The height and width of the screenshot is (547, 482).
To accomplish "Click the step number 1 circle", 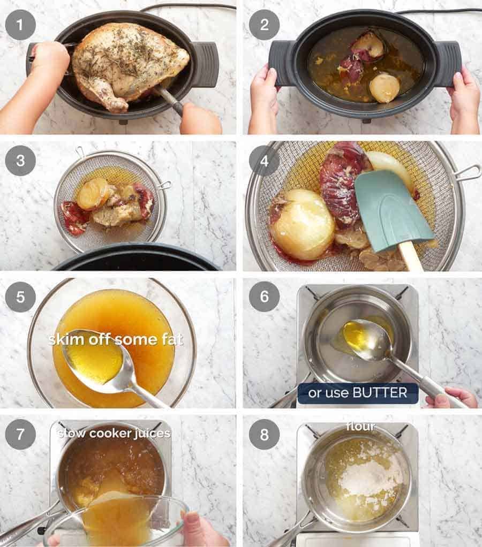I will click(20, 25).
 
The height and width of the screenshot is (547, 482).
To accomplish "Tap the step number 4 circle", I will click(264, 160).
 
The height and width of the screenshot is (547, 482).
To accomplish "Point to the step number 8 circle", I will click(264, 434).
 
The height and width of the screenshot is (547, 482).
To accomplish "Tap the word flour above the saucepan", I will click(360, 427).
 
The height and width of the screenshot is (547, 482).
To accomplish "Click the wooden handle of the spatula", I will click(411, 256).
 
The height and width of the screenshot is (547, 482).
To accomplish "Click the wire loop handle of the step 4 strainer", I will click(468, 172).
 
